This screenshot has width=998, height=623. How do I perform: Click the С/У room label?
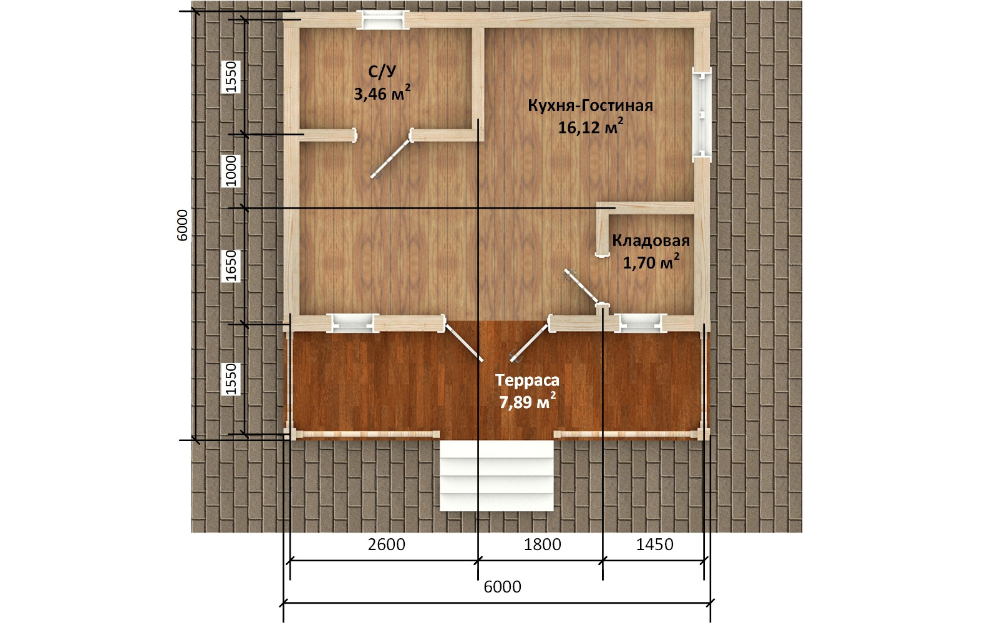point(382,72)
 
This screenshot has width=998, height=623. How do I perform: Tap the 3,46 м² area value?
point(382,93)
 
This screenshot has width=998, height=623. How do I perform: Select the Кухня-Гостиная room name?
point(590,106)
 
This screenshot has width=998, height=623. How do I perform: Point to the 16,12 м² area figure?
point(590,127)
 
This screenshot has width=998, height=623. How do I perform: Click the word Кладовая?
point(651,240)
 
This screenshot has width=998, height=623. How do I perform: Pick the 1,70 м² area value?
point(651,262)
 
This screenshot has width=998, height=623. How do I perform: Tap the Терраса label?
point(527,381)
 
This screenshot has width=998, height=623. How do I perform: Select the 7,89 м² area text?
point(527,402)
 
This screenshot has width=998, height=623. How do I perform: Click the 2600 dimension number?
point(387,545)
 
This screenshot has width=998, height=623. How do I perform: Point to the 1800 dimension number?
point(542,545)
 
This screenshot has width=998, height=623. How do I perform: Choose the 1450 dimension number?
point(654,545)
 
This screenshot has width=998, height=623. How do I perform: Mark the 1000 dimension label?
point(231,171)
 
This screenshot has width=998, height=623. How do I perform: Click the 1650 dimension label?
point(231,265)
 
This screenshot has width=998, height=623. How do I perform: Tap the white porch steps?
point(497,476)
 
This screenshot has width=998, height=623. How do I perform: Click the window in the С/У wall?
point(384,19)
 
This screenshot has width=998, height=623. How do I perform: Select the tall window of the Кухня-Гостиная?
point(701,115)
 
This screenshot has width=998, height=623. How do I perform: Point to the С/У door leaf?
point(390,159)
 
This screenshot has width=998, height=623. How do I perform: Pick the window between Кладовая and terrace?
point(641,323)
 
